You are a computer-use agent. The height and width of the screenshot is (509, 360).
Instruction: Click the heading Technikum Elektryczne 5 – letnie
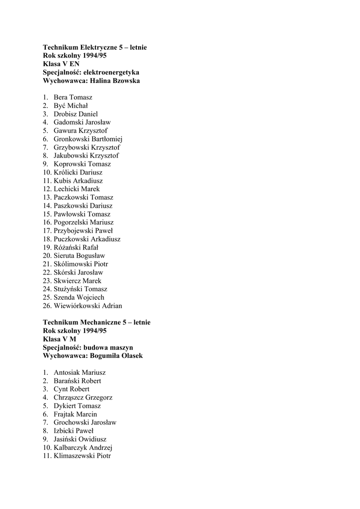[x=94, y=47]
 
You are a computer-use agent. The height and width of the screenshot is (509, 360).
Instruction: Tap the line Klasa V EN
[x=61, y=64]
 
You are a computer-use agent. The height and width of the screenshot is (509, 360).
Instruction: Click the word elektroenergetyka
[x=111, y=72]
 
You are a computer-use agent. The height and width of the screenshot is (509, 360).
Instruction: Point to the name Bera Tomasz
[x=73, y=97]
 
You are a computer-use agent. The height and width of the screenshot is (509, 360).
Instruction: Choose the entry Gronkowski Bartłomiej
[x=88, y=139]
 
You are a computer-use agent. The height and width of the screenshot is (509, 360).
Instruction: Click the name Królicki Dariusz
[x=78, y=172]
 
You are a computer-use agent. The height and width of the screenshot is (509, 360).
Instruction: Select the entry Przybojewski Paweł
[x=83, y=231]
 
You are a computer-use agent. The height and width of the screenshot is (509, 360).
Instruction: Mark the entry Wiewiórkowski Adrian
[x=88, y=306]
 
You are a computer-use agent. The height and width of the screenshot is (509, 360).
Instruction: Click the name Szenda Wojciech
[x=79, y=297]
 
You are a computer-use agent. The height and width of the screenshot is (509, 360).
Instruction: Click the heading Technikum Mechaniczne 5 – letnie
[x=96, y=323]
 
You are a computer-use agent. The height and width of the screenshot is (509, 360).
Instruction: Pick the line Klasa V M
[x=60, y=339]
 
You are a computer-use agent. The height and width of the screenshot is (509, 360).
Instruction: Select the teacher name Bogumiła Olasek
[x=116, y=356]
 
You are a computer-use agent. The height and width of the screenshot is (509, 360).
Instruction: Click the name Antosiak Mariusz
[x=80, y=372]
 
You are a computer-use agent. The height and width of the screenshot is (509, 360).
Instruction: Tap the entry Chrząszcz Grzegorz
[x=83, y=398]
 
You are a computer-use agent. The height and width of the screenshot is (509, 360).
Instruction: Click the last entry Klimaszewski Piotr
[x=82, y=456]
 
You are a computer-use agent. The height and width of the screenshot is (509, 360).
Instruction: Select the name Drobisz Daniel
[x=76, y=114]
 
